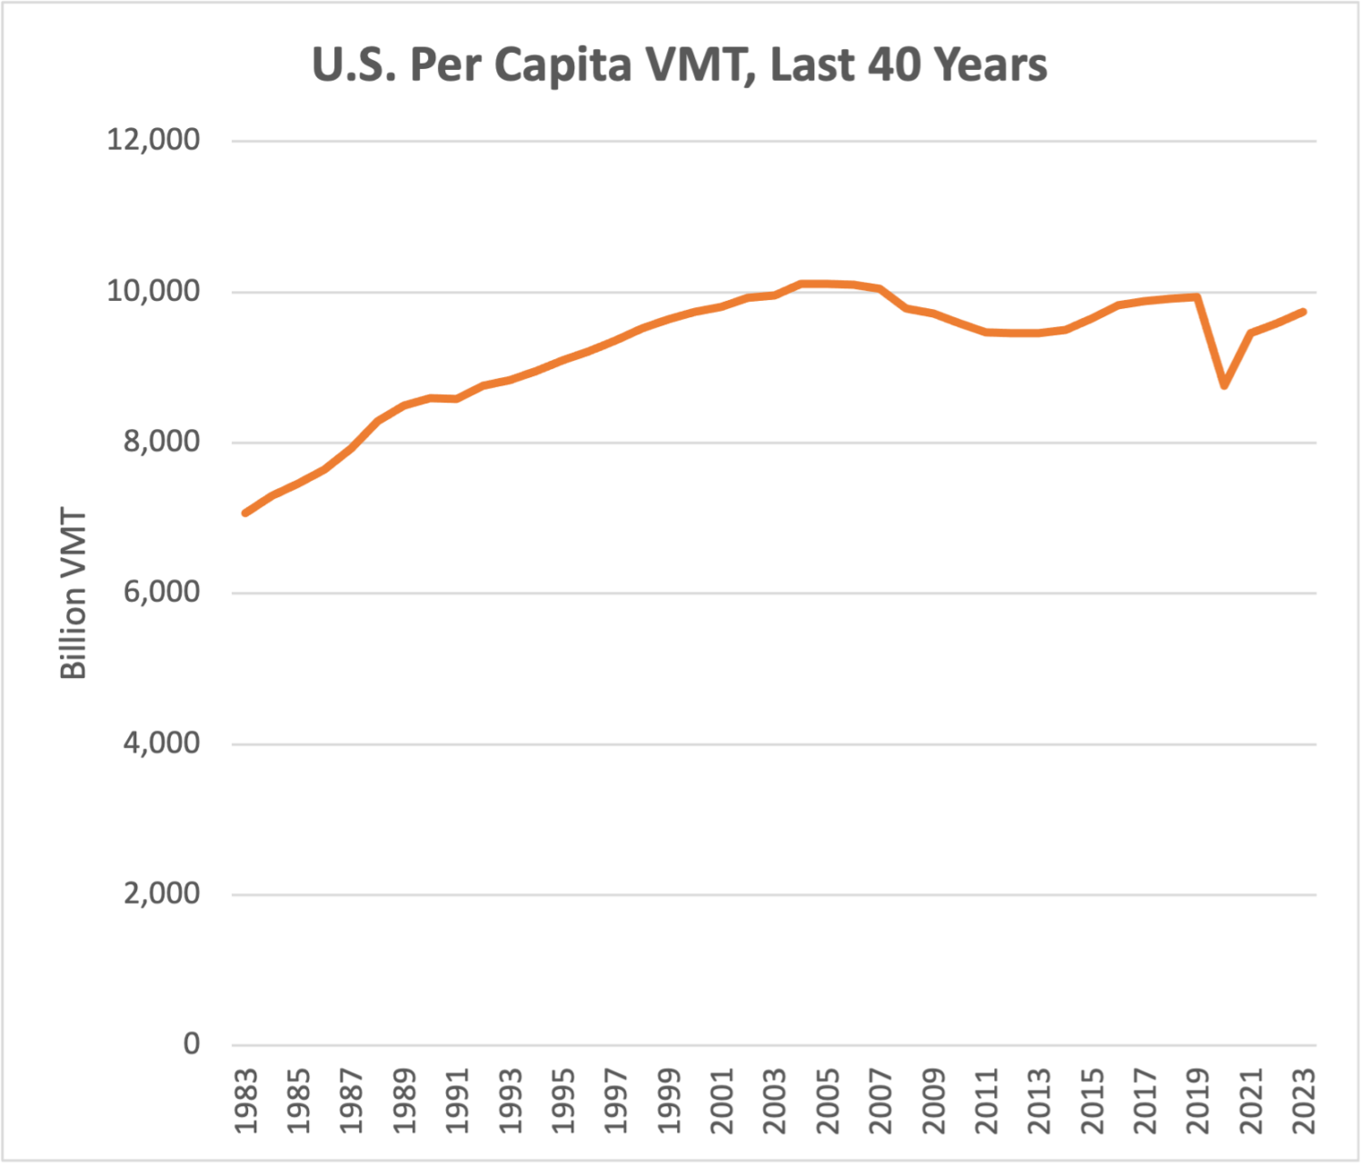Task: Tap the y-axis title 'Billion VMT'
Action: point(73,594)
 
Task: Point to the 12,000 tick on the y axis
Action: point(153,140)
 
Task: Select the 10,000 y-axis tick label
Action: point(153,291)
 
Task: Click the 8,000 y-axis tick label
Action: point(161,442)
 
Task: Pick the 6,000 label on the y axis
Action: point(161,592)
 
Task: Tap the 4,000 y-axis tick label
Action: point(161,743)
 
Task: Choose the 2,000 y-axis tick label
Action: point(161,893)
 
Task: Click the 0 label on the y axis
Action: point(191,1043)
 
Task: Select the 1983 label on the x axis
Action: point(246,1101)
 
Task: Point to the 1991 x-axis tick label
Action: point(457,1101)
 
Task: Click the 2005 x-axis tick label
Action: point(828,1101)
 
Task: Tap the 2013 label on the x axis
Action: point(1040,1101)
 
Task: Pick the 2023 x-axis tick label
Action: point(1304,1101)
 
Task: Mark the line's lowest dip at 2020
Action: point(1225,385)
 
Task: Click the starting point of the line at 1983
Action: point(245,514)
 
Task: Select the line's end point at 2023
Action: point(1304,312)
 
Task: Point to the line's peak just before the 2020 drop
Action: point(1198,296)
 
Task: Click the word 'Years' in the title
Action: point(990,65)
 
